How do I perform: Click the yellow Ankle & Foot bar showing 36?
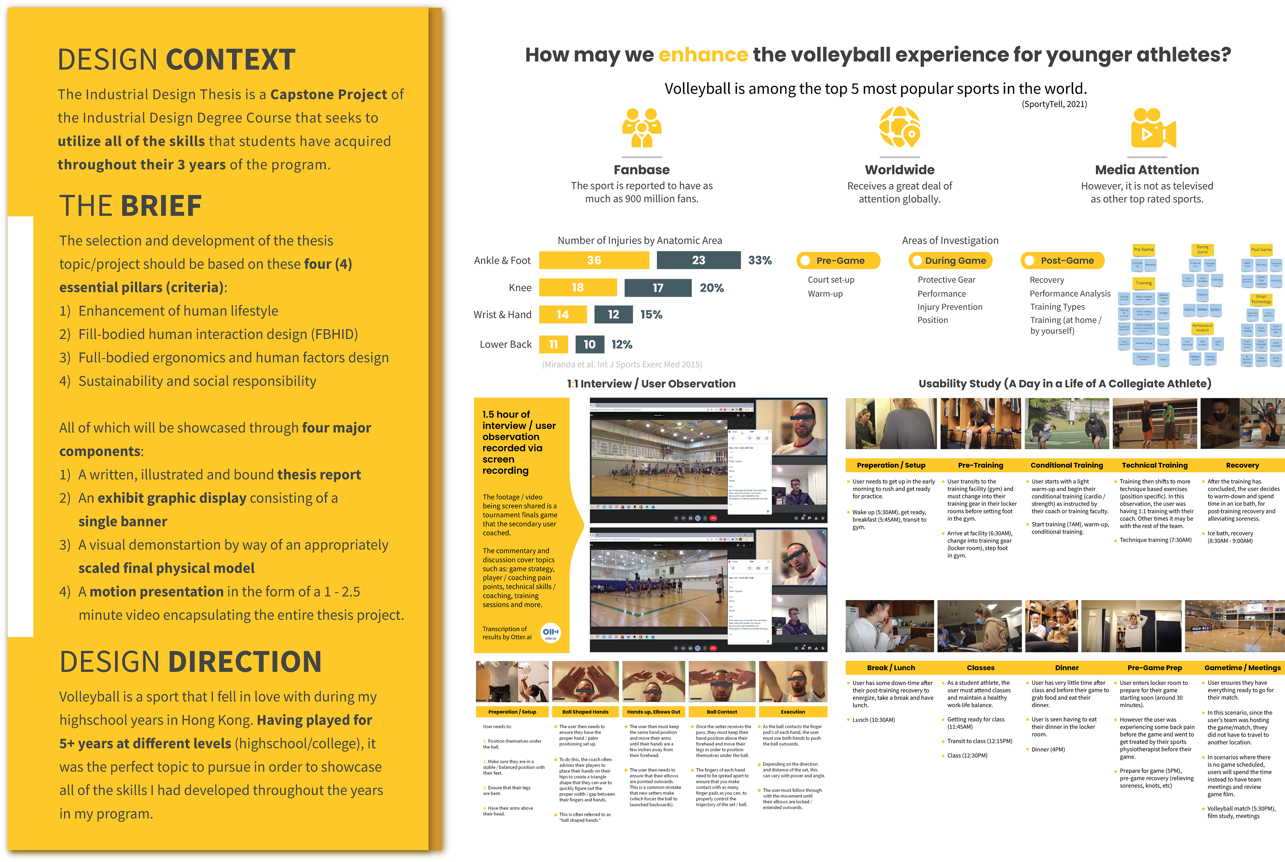pos(594,260)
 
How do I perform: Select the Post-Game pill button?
pos(1062,261)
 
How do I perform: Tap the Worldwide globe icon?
pos(899,127)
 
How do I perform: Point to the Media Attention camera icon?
pos(1153,129)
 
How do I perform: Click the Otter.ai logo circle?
pos(550,632)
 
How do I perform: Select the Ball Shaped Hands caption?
pos(585,711)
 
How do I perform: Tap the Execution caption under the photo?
pos(793,711)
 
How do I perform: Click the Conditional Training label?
pos(1067,465)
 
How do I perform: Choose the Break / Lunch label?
pos(891,667)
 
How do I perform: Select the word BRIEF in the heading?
pos(161,206)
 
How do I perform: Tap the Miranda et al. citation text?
pos(622,365)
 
